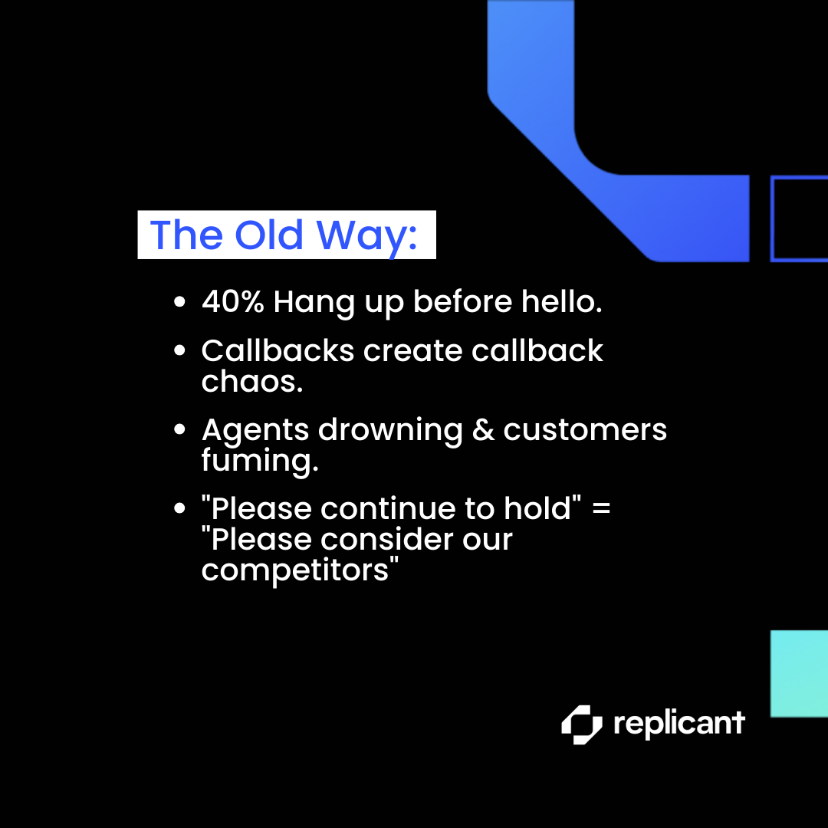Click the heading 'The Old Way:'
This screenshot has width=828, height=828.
(284, 235)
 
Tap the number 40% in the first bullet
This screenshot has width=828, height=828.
(233, 301)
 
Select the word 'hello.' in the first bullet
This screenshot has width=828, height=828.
(561, 301)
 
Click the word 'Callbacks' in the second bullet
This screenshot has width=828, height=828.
(278, 350)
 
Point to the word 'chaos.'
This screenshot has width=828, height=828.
(252, 381)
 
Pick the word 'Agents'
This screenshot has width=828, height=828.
(255, 430)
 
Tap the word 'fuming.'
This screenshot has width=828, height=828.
(260, 461)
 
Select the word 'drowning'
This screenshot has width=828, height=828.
(390, 430)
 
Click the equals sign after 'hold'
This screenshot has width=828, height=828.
(601, 509)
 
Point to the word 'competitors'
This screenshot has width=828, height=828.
(295, 570)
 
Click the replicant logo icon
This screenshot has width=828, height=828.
(581, 724)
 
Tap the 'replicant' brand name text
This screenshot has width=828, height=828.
(679, 723)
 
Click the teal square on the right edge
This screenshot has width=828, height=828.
(799, 674)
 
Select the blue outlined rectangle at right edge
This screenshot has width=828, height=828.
(771, 219)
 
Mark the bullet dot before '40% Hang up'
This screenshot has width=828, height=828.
(179, 302)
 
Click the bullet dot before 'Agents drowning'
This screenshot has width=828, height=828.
(179, 429)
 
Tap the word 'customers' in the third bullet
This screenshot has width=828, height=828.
(585, 430)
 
